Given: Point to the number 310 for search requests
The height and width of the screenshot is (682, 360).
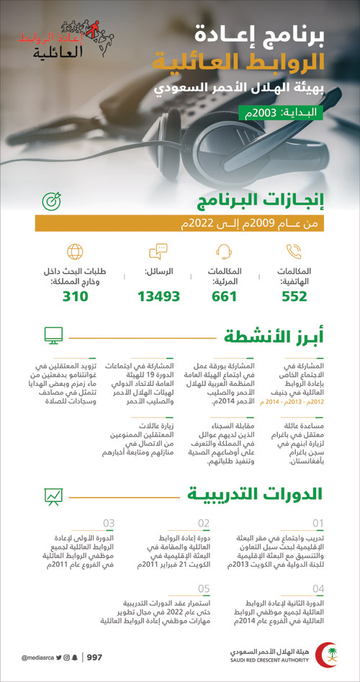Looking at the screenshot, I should coord(75,297).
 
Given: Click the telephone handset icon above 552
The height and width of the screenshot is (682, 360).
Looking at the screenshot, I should coord(294,252).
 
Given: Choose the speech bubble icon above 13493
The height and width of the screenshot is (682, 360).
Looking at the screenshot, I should coord(158,252).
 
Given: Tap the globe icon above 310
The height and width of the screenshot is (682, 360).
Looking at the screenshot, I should coord(76,252).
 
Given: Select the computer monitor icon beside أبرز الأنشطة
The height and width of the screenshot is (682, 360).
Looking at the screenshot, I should coord(53,335).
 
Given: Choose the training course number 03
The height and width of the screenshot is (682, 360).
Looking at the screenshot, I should coord(109,524).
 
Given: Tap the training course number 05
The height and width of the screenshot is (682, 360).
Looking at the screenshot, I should coord(204,588).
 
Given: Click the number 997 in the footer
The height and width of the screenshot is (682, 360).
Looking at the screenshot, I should coord(94,657).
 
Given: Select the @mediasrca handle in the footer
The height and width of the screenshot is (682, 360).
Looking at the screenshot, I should coord(35,658).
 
